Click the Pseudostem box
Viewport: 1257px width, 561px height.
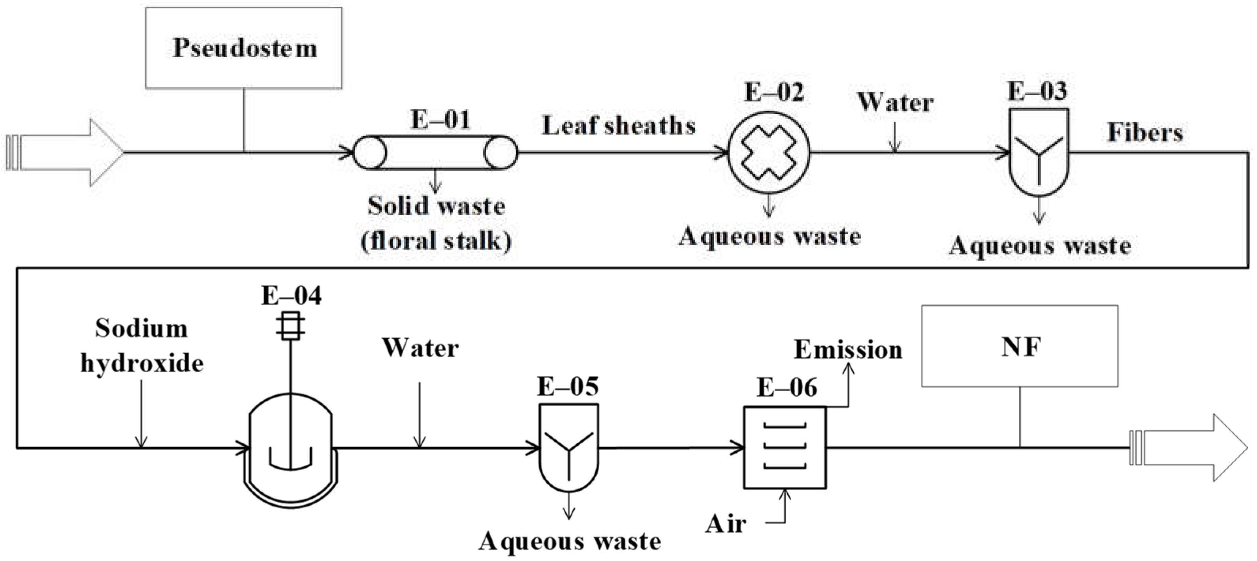243,48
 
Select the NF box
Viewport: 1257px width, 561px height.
1019,346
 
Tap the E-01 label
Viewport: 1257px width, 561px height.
440,120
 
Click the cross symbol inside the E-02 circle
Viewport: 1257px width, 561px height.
769,153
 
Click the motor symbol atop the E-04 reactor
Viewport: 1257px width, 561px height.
291,325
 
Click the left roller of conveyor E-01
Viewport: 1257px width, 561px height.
369,153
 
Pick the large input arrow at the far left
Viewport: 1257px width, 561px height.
66,153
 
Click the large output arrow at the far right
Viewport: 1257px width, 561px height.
1191,447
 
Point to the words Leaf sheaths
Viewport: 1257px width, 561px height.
619,126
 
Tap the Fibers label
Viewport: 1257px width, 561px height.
1145,132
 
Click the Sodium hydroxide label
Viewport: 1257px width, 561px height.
141,345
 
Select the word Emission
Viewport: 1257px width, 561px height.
848,349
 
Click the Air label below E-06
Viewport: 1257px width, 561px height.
726,524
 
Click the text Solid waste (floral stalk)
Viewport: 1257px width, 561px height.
436,223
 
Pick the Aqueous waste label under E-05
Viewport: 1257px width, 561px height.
570,541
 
